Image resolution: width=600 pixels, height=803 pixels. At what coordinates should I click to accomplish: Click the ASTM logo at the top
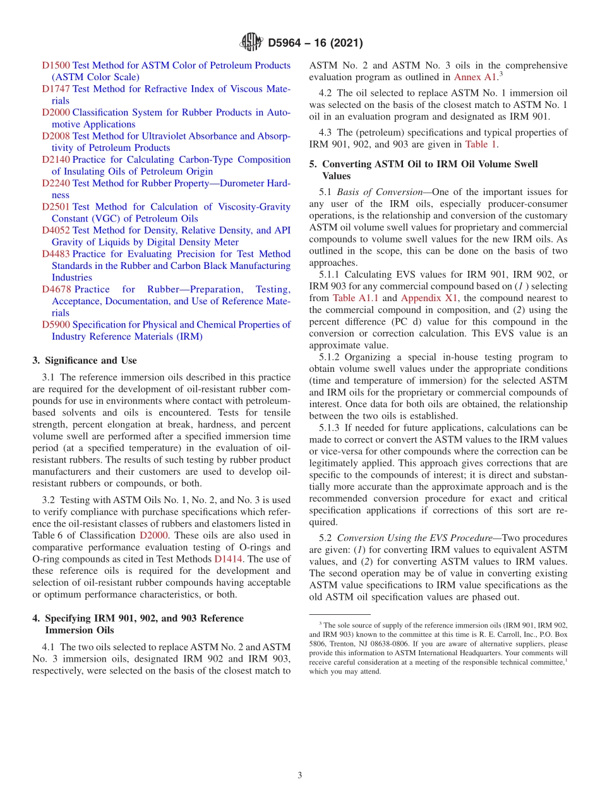250,43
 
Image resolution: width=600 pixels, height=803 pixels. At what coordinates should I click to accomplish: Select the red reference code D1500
56,65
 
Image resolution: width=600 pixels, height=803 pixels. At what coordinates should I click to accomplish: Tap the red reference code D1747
56,89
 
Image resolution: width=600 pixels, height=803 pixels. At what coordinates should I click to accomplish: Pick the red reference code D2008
56,136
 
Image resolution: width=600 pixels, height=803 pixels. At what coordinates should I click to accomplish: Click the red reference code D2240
56,183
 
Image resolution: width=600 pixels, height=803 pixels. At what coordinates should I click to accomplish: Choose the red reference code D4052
56,230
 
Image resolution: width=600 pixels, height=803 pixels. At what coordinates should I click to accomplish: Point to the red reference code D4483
56,254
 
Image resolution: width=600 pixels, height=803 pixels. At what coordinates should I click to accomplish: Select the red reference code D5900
56,324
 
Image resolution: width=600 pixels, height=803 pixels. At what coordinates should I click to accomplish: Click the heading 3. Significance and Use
84,360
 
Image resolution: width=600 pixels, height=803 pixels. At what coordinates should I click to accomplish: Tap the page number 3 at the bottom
300,775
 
